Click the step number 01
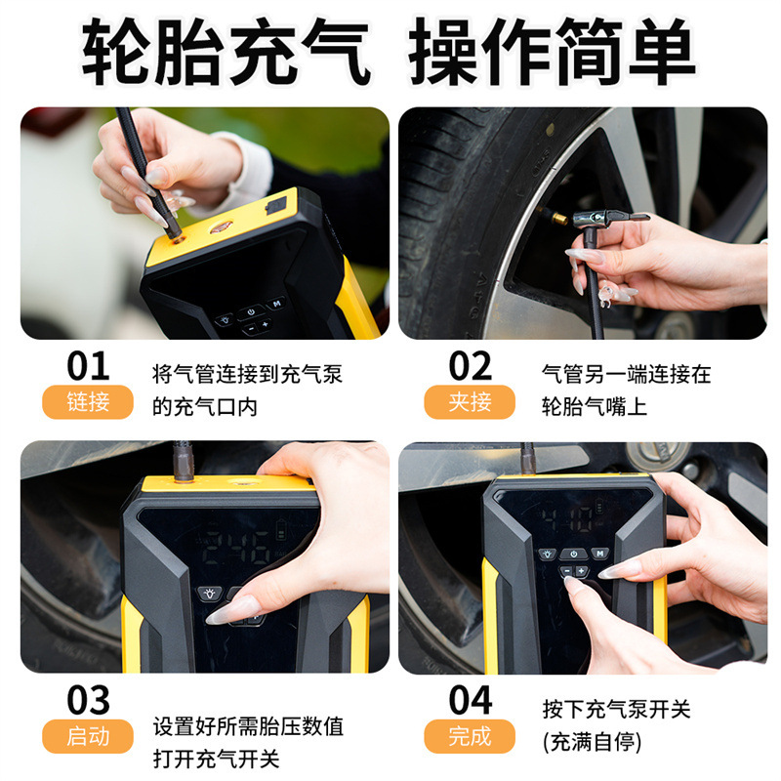[x=88, y=366]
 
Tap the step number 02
[x=471, y=366]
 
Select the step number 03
[x=88, y=700]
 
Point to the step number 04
[x=471, y=700]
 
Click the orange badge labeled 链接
[x=88, y=402]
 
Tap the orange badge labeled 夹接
[x=470, y=402]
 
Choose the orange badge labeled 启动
[x=88, y=736]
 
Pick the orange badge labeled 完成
[x=470, y=736]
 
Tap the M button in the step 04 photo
[x=600, y=553]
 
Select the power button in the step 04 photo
[x=574, y=554]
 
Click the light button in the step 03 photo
[x=210, y=594]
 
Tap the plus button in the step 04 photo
[x=581, y=571]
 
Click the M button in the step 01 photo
[x=276, y=304]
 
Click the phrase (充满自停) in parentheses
[x=593, y=742]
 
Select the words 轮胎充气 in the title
[x=226, y=52]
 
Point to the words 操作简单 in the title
[x=552, y=52]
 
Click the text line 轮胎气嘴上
[x=595, y=407]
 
